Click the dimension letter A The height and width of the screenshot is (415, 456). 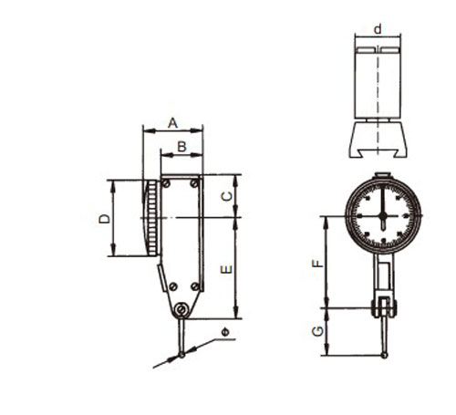point(172,123)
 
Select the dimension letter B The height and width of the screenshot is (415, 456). point(181,147)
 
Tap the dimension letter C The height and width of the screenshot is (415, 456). point(226,197)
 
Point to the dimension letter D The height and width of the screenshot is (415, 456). point(105,219)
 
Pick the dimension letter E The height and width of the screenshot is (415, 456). point(226,269)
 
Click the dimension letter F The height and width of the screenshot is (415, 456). point(318,264)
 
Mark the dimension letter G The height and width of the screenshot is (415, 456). point(318,331)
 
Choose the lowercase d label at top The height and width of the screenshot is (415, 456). point(378,29)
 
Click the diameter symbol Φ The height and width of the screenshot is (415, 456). point(225,332)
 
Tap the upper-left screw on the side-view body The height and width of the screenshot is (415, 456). point(166,183)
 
